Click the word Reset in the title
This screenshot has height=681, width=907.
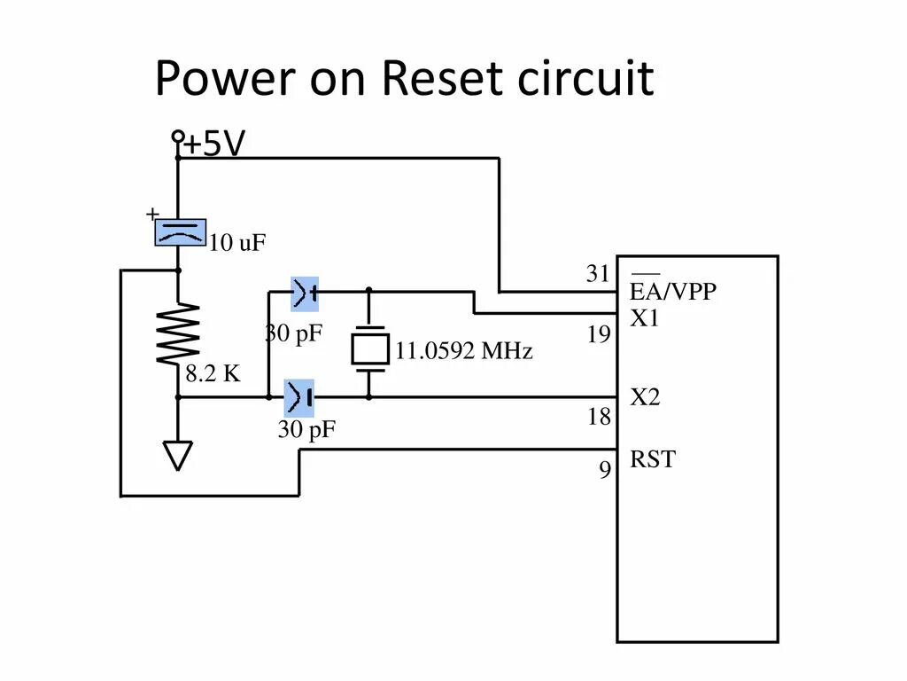[x=433, y=79]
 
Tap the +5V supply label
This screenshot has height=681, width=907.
[x=213, y=144]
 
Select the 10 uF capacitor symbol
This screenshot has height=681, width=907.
[x=181, y=232]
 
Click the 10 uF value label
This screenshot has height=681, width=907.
[x=237, y=243]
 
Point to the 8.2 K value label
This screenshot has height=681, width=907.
[x=213, y=374]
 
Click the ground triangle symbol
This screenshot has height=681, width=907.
[x=178, y=456]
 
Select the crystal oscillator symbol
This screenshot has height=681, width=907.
[x=369, y=345]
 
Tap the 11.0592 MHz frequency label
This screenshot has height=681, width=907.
[x=464, y=352]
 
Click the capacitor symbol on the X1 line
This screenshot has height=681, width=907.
[x=305, y=292]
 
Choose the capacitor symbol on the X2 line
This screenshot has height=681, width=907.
[x=298, y=397]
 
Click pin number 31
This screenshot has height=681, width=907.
[x=599, y=274]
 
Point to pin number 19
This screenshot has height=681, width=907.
[x=599, y=335]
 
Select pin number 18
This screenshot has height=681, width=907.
[x=600, y=417]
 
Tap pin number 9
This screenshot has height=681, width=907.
[x=605, y=470]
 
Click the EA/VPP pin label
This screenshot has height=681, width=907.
[x=673, y=291]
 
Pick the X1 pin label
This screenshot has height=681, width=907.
[x=645, y=319]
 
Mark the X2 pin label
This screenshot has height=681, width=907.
[x=645, y=397]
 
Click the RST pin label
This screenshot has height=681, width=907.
[x=652, y=459]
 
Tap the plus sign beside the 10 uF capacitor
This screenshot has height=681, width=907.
[x=152, y=214]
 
